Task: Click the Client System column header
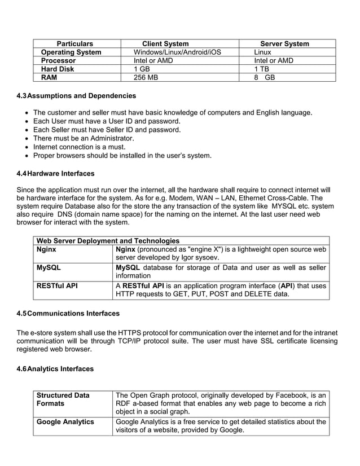165,43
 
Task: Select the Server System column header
284,43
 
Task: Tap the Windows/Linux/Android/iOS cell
177,52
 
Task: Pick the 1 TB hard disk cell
261,69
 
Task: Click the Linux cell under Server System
262,52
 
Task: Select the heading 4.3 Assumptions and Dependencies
76,95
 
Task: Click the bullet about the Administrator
84,138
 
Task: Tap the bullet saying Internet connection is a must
79,147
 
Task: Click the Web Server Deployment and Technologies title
108,241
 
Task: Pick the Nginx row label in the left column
46,249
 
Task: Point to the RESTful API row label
57,285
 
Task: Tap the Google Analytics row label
65,421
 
